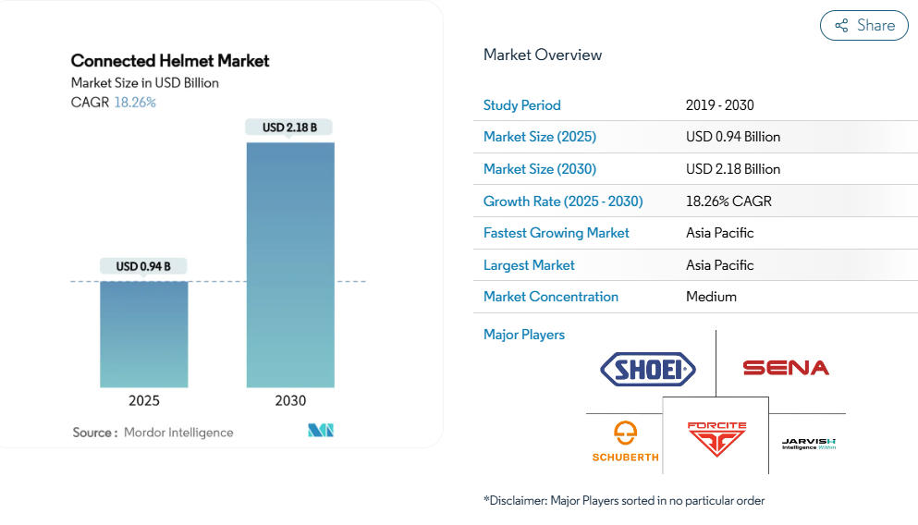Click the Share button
tap(864, 26)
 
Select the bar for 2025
tap(144, 334)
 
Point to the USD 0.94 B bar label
tap(143, 267)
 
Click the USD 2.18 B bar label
tap(289, 128)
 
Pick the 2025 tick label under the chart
tap(144, 401)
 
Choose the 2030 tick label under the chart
tap(290, 401)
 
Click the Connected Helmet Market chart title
tap(170, 61)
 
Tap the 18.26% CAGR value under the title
tap(135, 103)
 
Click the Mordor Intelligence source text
tap(178, 433)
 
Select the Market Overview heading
tap(543, 55)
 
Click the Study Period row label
tap(522, 105)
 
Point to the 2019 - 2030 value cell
tap(720, 105)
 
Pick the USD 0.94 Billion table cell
tap(733, 137)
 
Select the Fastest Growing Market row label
tap(557, 233)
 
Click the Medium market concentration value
tap(711, 297)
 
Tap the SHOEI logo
tap(648, 370)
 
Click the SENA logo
tap(786, 368)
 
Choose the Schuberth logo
tap(626, 442)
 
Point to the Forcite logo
tap(716, 439)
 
